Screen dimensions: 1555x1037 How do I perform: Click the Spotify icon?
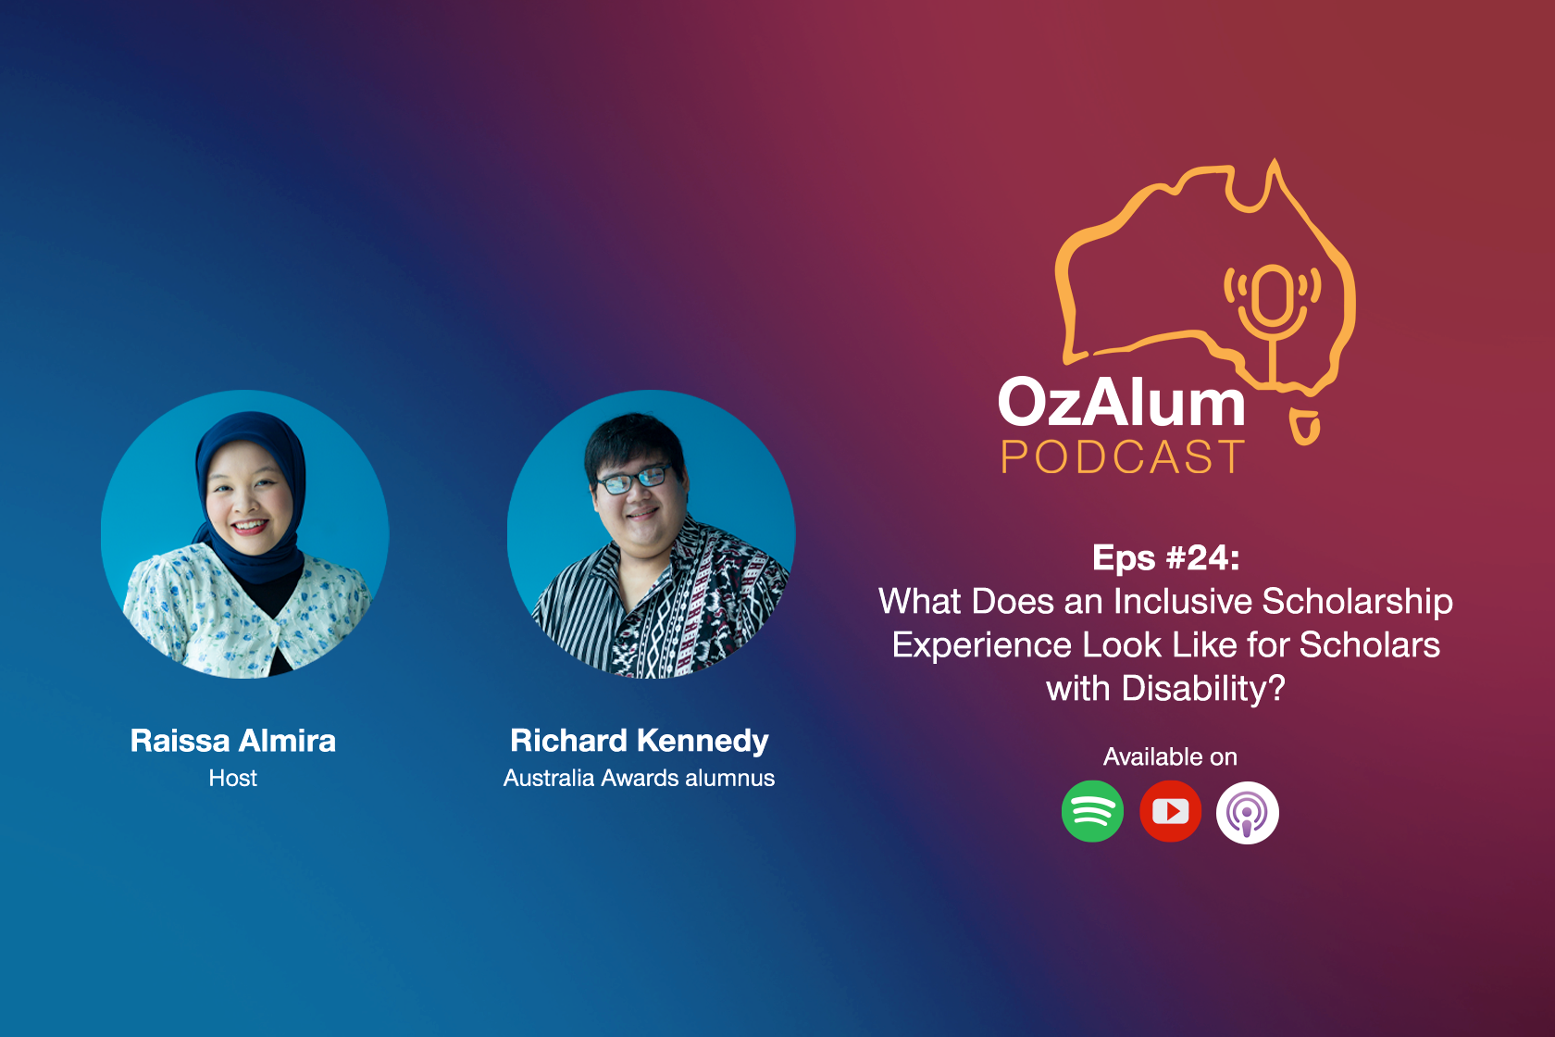pyautogui.click(x=1092, y=811)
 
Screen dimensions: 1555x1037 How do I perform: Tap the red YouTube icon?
pyautogui.click(x=1170, y=811)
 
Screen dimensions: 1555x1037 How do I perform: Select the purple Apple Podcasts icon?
pyautogui.click(x=1248, y=812)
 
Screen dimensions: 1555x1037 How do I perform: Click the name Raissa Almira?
pyautogui.click(x=233, y=741)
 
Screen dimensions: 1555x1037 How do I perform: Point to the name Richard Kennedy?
pyautogui.click(x=640, y=741)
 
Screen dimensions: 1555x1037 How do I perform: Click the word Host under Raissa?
pyautogui.click(x=233, y=778)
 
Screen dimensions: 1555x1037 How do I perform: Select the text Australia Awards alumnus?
pyautogui.click(x=640, y=778)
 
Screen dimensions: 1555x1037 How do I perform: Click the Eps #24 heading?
pyautogui.click(x=1166, y=557)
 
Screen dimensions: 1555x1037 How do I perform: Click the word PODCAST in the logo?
pyautogui.click(x=1123, y=456)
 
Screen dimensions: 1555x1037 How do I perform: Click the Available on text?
pyautogui.click(x=1170, y=756)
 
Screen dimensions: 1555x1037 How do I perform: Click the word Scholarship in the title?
pyautogui.click(x=1357, y=602)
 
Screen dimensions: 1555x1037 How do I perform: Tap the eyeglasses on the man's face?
pyautogui.click(x=632, y=480)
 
